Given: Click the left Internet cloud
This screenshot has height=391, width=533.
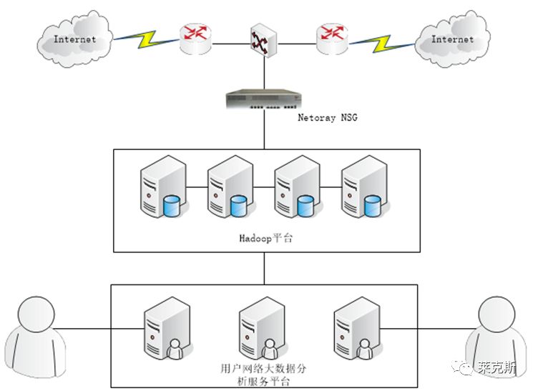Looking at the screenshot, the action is [75, 39].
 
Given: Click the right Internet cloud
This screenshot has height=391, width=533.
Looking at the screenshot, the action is [452, 39].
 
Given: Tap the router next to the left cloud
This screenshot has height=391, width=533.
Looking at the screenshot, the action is [195, 39].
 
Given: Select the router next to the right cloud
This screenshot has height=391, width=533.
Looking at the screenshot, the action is [332, 39].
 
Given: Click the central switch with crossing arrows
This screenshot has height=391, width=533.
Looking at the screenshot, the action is [264, 41].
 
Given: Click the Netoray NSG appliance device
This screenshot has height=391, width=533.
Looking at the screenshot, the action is [264, 99].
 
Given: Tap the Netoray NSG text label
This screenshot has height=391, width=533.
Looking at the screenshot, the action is [328, 117].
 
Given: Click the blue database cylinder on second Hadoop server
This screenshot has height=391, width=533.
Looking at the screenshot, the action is [239, 206].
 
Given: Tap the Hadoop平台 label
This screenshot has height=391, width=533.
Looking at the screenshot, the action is [266, 238].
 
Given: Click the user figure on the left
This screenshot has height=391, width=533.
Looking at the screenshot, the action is [35, 337].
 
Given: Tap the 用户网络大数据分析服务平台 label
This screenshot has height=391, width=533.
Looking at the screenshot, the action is [263, 375].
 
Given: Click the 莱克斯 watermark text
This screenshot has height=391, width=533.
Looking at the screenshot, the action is [497, 367].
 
